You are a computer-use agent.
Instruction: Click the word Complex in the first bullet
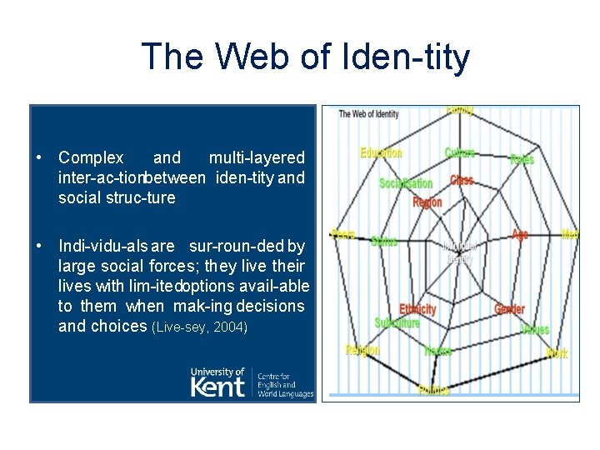tap(91, 157)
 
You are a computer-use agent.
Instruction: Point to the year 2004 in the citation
tap(230, 327)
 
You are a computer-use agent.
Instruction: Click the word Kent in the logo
tap(218, 387)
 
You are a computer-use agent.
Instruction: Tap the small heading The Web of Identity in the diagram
tap(368, 114)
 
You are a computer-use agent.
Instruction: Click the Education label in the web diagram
tap(381, 152)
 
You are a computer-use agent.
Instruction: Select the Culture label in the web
tap(460, 152)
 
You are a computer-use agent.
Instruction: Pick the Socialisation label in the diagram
tap(406, 183)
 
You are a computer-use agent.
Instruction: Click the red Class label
tap(462, 180)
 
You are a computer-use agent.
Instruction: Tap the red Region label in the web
tap(427, 202)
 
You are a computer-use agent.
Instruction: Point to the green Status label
tap(384, 242)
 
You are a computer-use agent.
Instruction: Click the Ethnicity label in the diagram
tap(417, 309)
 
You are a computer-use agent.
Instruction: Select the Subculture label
tap(397, 322)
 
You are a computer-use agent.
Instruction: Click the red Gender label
tap(509, 309)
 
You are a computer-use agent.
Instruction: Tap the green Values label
tap(534, 329)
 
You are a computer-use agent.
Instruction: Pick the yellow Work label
tap(557, 354)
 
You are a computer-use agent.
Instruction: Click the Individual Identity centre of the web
tap(457, 252)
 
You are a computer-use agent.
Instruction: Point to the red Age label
tap(520, 235)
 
